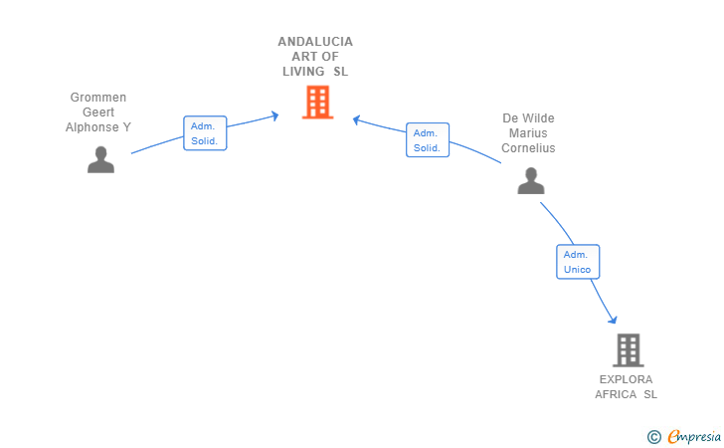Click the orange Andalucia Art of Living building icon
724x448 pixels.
(317, 102)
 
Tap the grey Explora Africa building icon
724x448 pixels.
(628, 349)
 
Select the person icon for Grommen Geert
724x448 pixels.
(100, 159)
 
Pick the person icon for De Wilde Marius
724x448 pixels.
(531, 180)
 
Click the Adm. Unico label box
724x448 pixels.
(577, 262)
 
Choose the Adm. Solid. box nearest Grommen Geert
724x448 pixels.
(206, 133)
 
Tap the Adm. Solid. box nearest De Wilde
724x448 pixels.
(428, 140)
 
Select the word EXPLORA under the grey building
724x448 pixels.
(627, 379)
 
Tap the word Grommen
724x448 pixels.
(98, 98)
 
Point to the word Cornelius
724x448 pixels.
(528, 148)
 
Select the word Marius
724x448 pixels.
(528, 133)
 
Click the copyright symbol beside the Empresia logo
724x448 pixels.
(653, 436)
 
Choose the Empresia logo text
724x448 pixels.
(694, 436)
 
